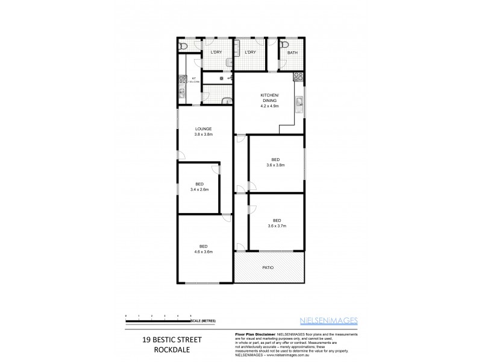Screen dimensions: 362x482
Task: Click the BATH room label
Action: click(x=292, y=52)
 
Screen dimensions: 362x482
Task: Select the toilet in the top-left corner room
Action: click(x=184, y=46)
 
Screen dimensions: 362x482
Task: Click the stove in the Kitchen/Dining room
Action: click(x=297, y=77)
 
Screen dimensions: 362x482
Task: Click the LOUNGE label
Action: click(x=203, y=129)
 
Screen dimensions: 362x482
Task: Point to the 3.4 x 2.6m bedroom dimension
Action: click(x=199, y=189)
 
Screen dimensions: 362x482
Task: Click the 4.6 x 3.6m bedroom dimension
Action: click(x=204, y=252)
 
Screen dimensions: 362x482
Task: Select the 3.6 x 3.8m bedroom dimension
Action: click(x=275, y=165)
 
